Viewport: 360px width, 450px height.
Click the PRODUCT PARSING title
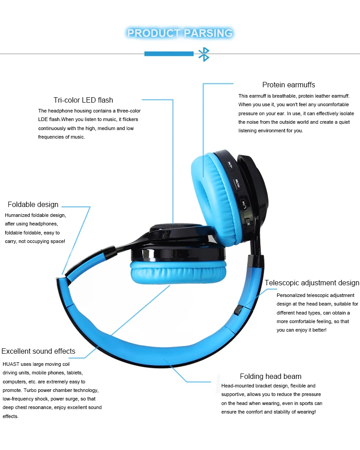[x=180, y=33]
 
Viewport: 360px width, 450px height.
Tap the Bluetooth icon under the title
[x=204, y=54]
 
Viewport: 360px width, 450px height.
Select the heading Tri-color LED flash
[x=83, y=100]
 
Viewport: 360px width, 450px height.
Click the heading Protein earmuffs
[x=288, y=85]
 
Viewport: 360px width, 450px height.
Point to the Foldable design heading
[x=33, y=204]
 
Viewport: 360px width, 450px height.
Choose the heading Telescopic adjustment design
[x=312, y=283]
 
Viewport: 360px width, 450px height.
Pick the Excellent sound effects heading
[x=38, y=351]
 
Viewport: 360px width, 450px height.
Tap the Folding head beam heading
[x=270, y=376]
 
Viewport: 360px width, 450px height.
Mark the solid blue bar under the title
[x=169, y=54]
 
